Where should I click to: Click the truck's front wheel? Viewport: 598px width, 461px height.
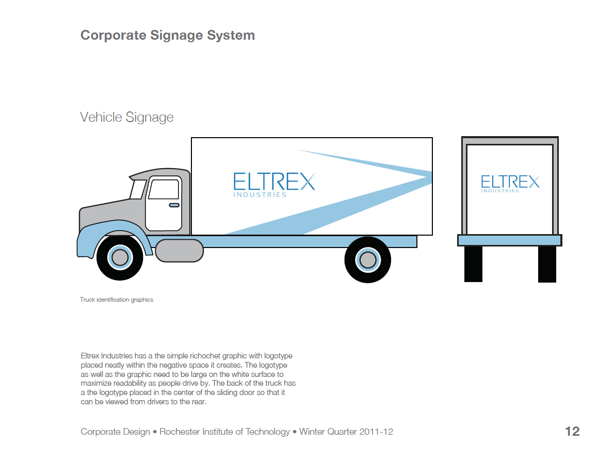tap(120, 257)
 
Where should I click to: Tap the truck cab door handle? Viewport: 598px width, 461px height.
tap(174, 205)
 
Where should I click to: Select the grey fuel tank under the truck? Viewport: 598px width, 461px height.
tap(179, 251)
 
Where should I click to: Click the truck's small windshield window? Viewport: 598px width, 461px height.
tap(138, 189)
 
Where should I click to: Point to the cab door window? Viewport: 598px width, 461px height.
tap(164, 189)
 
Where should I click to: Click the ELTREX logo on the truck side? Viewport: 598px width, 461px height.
tap(273, 182)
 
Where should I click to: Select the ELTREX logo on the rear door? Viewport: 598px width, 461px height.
tap(510, 182)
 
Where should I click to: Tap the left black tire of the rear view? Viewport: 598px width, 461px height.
tap(473, 264)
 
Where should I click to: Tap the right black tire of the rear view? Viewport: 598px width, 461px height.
tap(547, 264)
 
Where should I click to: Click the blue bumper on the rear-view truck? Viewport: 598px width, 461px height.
tap(509, 240)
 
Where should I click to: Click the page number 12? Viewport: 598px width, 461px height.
tap(572, 432)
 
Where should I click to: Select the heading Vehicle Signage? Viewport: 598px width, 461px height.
tap(127, 118)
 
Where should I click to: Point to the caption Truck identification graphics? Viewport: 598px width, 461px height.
tap(117, 300)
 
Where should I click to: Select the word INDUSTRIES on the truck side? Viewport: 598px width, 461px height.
tap(260, 195)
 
